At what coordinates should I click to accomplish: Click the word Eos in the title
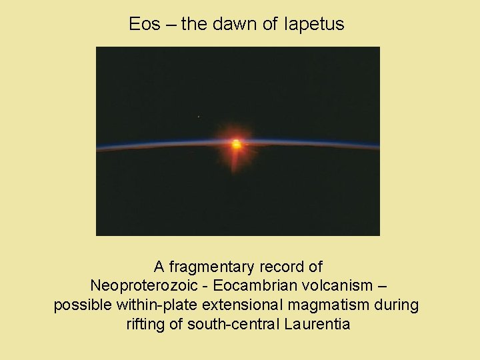144,25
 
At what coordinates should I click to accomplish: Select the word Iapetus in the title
313,25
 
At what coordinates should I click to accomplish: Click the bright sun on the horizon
236,143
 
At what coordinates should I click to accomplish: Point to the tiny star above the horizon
199,117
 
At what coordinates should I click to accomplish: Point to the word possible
79,305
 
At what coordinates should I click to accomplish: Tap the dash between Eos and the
171,25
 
